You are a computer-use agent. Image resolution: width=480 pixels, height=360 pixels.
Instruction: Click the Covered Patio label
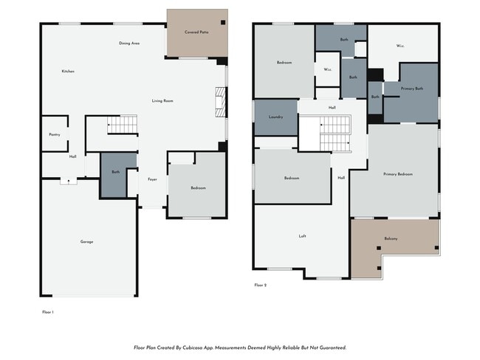[x=196, y=32]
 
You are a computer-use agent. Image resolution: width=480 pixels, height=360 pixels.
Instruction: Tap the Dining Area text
[x=129, y=44]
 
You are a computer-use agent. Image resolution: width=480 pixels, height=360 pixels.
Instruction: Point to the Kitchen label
[x=68, y=71]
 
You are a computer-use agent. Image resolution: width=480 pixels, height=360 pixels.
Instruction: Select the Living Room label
[x=162, y=100]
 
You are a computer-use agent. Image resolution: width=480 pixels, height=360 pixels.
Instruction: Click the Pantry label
[x=54, y=134]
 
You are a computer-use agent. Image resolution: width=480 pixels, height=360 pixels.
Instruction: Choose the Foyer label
[x=152, y=179]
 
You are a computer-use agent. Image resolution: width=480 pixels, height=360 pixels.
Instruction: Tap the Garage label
[x=87, y=242]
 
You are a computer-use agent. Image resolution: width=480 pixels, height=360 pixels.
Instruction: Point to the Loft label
[x=302, y=236]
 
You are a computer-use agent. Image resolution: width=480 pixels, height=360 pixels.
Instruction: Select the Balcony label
[x=391, y=238]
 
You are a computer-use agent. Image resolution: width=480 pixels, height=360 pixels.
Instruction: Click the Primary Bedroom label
[x=398, y=174]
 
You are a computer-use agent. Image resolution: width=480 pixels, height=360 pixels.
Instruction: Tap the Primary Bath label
[x=412, y=89]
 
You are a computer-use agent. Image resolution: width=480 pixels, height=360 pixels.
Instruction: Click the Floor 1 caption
[x=48, y=312]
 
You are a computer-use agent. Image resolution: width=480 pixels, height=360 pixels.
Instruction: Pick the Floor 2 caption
[x=260, y=285]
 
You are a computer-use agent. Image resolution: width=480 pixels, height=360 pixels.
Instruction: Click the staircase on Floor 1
[x=123, y=125]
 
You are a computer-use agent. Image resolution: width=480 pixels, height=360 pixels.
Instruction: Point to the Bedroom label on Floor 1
[x=198, y=188]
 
